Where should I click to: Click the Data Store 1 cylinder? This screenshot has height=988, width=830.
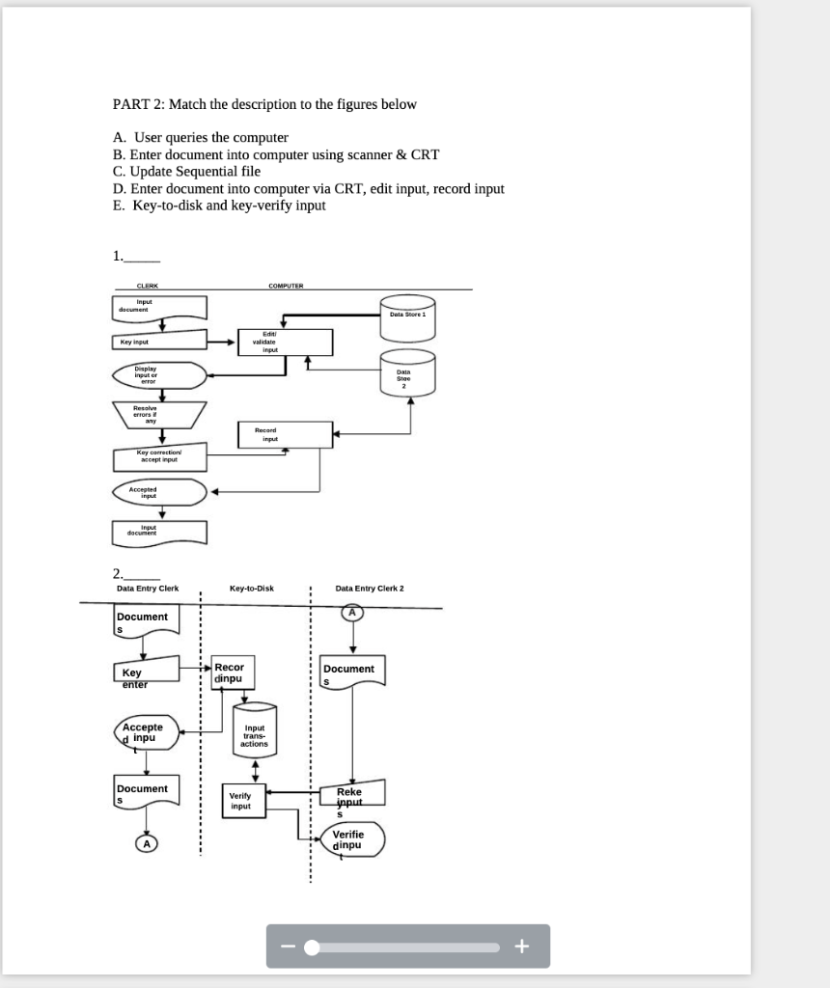407,317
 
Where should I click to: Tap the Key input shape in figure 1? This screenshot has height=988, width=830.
158,342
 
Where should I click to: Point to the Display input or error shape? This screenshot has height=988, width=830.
158,375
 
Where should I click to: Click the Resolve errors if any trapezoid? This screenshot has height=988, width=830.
159,415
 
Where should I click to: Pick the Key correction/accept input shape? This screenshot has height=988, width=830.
158,455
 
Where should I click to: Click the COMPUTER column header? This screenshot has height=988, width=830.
285,286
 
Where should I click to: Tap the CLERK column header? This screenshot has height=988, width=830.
148,286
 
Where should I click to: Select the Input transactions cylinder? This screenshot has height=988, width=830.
255,735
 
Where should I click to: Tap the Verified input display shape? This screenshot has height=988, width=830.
350,839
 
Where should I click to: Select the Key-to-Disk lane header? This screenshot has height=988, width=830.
251,588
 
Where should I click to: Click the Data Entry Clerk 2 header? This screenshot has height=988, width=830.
370,588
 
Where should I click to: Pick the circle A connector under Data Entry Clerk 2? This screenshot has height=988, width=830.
352,612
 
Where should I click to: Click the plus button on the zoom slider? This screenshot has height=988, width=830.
522,947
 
